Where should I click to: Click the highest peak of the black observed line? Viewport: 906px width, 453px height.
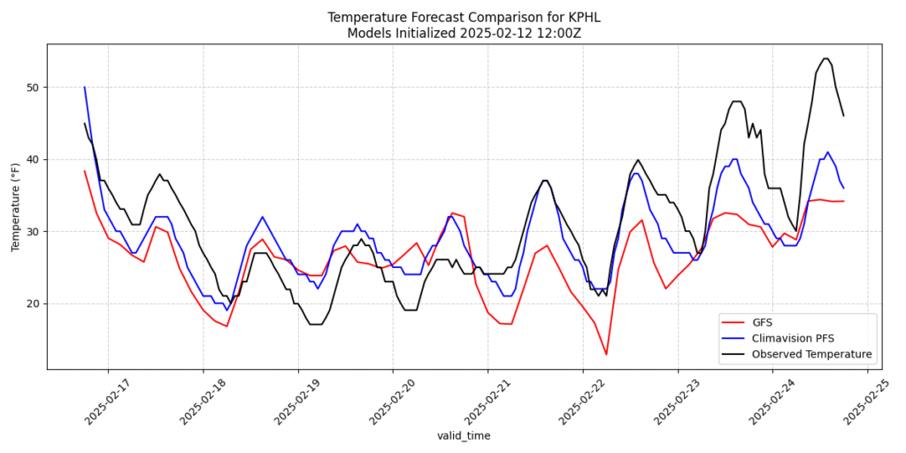pos(825,58)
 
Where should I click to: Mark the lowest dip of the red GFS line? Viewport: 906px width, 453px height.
pos(606,354)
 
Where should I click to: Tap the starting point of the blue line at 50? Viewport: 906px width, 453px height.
pos(85,87)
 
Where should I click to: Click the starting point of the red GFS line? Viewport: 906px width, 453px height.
pos(85,171)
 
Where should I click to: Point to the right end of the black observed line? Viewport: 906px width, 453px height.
pos(843,116)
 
